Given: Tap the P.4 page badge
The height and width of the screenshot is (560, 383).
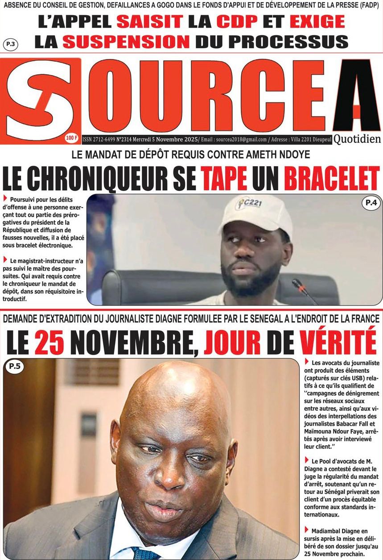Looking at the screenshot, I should (x=371, y=204).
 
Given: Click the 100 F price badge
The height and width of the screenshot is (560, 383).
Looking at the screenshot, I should (x=72, y=138).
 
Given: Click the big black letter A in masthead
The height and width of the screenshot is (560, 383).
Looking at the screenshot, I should (x=355, y=96).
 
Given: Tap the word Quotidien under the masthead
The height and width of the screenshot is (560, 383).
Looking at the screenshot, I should (x=357, y=139).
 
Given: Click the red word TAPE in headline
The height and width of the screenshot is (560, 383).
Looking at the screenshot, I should (x=223, y=179).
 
